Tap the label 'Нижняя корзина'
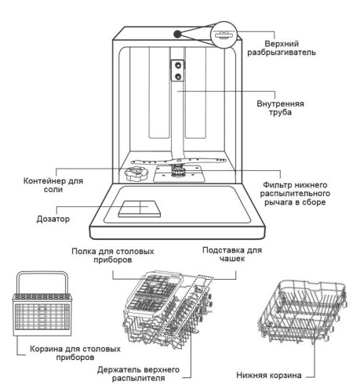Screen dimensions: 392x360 point(275,375)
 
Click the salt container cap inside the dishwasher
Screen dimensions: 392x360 point(133,172)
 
